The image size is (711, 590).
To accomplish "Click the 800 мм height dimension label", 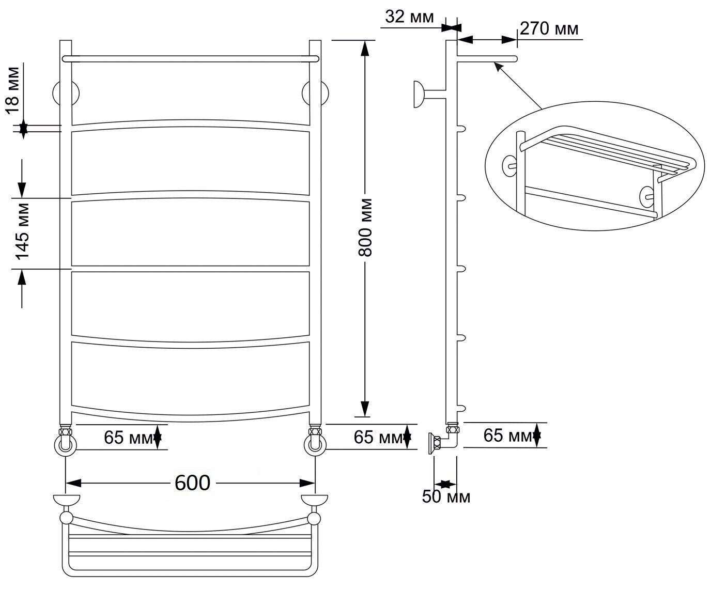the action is (x=365, y=227).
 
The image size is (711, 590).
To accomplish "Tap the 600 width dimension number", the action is (x=192, y=483).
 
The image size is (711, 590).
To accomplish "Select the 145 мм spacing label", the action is (x=23, y=232).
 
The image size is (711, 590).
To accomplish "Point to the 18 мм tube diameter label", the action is (x=13, y=90).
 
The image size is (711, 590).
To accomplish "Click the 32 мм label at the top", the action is (x=409, y=16).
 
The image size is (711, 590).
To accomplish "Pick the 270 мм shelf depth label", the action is (x=549, y=28).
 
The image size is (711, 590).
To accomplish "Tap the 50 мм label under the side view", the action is (x=446, y=496).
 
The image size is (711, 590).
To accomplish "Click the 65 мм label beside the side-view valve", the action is (x=508, y=436).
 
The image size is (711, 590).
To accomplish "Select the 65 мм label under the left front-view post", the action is (x=128, y=438).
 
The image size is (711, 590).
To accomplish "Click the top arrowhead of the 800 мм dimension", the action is (x=365, y=48).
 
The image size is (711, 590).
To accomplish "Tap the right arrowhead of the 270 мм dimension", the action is (x=509, y=40).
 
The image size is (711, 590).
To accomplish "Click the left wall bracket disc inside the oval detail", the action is (x=509, y=166).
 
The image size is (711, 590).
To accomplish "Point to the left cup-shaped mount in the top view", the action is (x=67, y=500).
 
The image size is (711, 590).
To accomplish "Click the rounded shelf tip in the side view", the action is (x=515, y=59).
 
